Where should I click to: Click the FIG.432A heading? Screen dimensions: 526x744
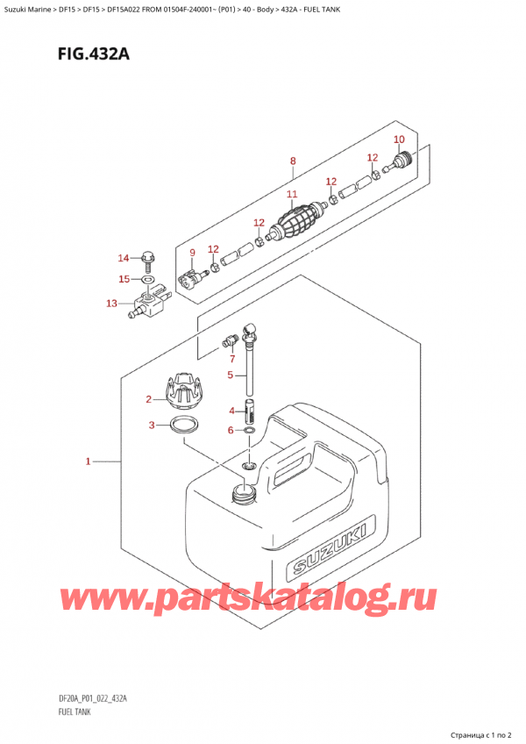click(x=94, y=55)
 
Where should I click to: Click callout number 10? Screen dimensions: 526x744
click(x=399, y=139)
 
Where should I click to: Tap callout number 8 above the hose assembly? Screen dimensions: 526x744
click(x=293, y=161)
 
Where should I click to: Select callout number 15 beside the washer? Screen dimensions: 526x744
click(x=124, y=279)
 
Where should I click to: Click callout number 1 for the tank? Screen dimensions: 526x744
click(x=88, y=461)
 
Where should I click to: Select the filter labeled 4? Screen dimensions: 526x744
click(x=250, y=411)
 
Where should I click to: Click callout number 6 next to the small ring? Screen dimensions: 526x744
click(x=231, y=431)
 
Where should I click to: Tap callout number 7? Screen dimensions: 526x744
click(x=232, y=359)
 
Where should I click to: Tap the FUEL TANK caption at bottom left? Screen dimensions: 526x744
click(x=75, y=712)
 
